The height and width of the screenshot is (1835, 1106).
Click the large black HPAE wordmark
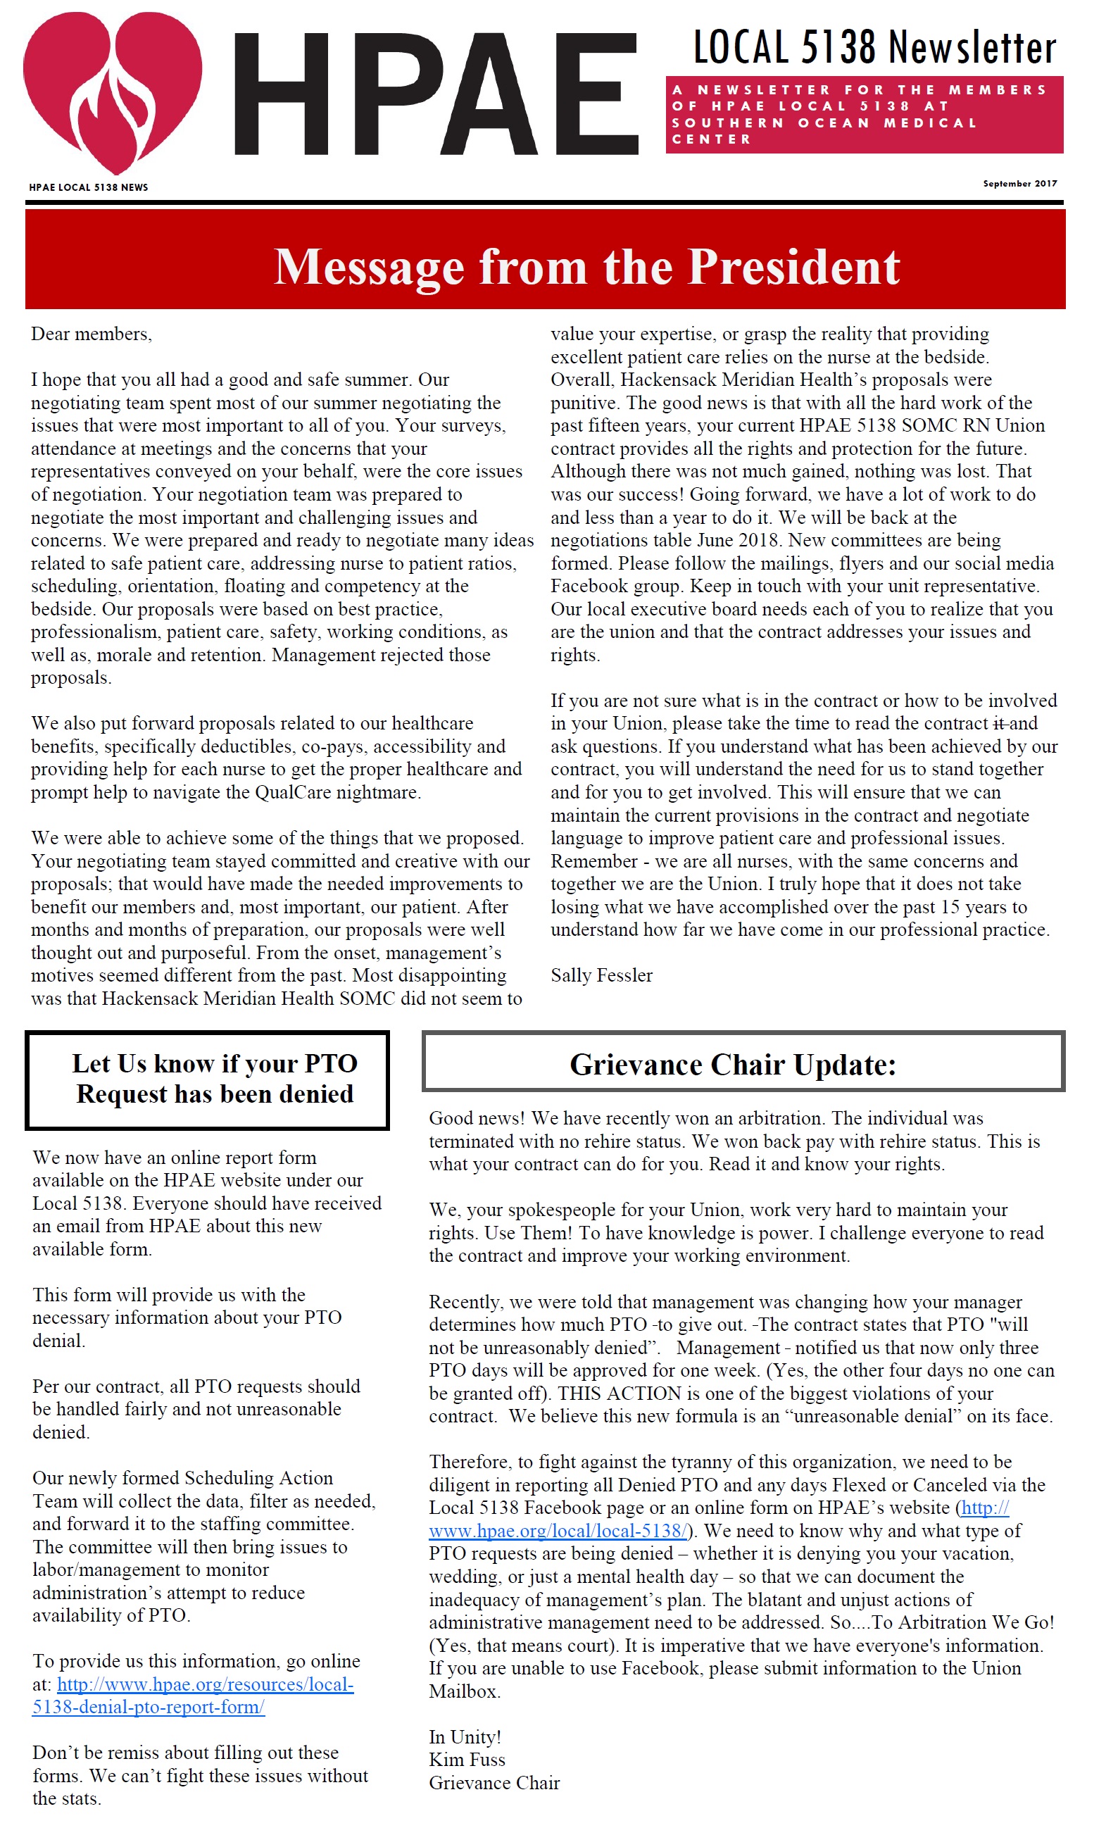pos(436,94)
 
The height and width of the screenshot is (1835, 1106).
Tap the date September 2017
pos(1019,183)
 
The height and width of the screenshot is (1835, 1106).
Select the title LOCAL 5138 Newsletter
pos(874,48)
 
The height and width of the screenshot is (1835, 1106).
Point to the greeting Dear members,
pos(91,334)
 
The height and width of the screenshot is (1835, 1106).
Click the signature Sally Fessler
pos(601,975)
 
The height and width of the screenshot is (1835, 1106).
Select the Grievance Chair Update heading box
pos(743,1063)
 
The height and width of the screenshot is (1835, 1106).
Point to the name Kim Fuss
pos(467,1759)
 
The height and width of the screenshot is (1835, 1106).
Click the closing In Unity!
pos(465,1736)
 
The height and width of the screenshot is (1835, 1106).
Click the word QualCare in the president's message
pos(293,791)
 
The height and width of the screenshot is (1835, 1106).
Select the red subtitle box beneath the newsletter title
pos(864,115)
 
